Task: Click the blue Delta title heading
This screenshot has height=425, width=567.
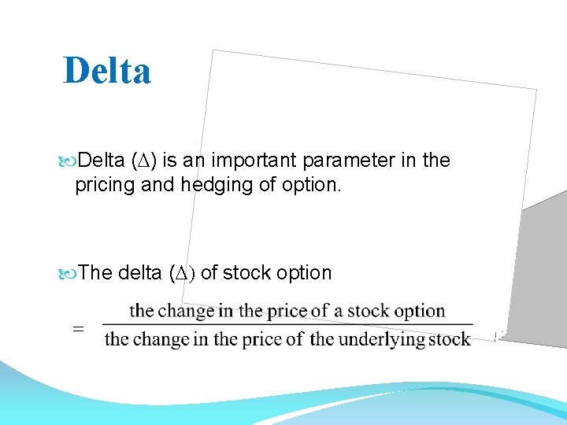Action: tap(107, 71)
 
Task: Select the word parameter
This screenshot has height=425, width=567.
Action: tap(350, 161)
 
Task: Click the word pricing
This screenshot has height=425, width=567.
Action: tap(104, 185)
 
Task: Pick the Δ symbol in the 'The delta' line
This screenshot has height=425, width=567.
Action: tap(180, 274)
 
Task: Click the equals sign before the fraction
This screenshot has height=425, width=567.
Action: tap(78, 329)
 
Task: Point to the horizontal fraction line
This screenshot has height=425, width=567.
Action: tap(287, 324)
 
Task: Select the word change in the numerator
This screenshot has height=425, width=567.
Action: tap(185, 311)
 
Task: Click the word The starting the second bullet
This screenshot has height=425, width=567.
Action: tap(96, 273)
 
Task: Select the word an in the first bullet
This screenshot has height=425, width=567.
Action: tap(192, 161)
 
